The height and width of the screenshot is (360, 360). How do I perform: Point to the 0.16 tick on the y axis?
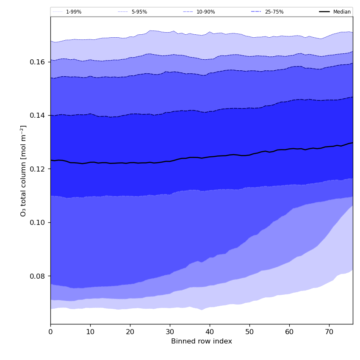coord(39,62)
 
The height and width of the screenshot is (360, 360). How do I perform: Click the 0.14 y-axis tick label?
coord(39,115)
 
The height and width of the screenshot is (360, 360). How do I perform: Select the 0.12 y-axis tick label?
coord(39,169)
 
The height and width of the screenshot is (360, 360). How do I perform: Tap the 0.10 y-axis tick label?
coord(39,222)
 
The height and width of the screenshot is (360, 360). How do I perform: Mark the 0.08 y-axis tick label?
coord(39,276)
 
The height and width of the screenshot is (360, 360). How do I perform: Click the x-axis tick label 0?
coord(50,332)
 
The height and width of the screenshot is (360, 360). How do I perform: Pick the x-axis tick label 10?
coord(90,332)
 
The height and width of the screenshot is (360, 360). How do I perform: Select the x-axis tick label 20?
coord(130,332)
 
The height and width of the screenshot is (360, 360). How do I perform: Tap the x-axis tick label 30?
coord(170,332)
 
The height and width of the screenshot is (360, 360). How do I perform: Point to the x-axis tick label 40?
coord(210,332)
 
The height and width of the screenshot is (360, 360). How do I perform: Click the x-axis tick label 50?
coord(249,332)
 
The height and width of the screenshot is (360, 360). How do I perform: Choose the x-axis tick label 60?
coord(289,332)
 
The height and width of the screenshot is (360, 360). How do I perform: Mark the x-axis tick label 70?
coord(329,332)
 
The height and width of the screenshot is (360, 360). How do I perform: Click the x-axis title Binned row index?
coord(202,341)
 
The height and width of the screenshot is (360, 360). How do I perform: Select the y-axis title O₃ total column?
coord(24,170)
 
